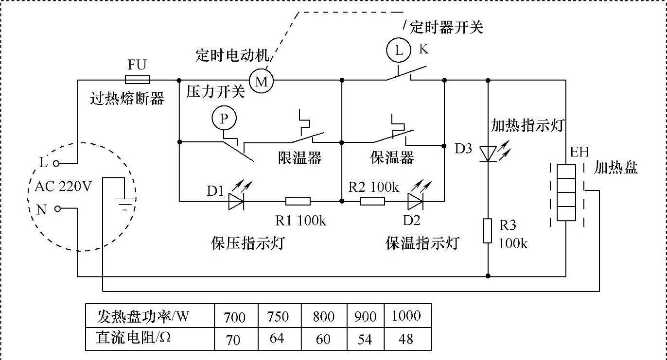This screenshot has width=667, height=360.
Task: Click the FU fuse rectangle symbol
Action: tap(138, 80)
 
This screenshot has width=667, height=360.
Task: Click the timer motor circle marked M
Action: tap(262, 81)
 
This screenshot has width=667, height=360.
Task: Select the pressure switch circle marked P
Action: tap(224, 118)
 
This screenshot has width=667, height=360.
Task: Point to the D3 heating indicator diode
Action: tap(488, 153)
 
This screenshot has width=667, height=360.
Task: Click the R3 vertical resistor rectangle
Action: tap(488, 230)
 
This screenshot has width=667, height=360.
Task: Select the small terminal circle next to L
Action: tap(57, 164)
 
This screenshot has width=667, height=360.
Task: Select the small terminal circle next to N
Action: tap(58, 209)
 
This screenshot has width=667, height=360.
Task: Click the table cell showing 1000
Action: tap(406, 316)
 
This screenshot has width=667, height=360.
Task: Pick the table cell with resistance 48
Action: tap(406, 339)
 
